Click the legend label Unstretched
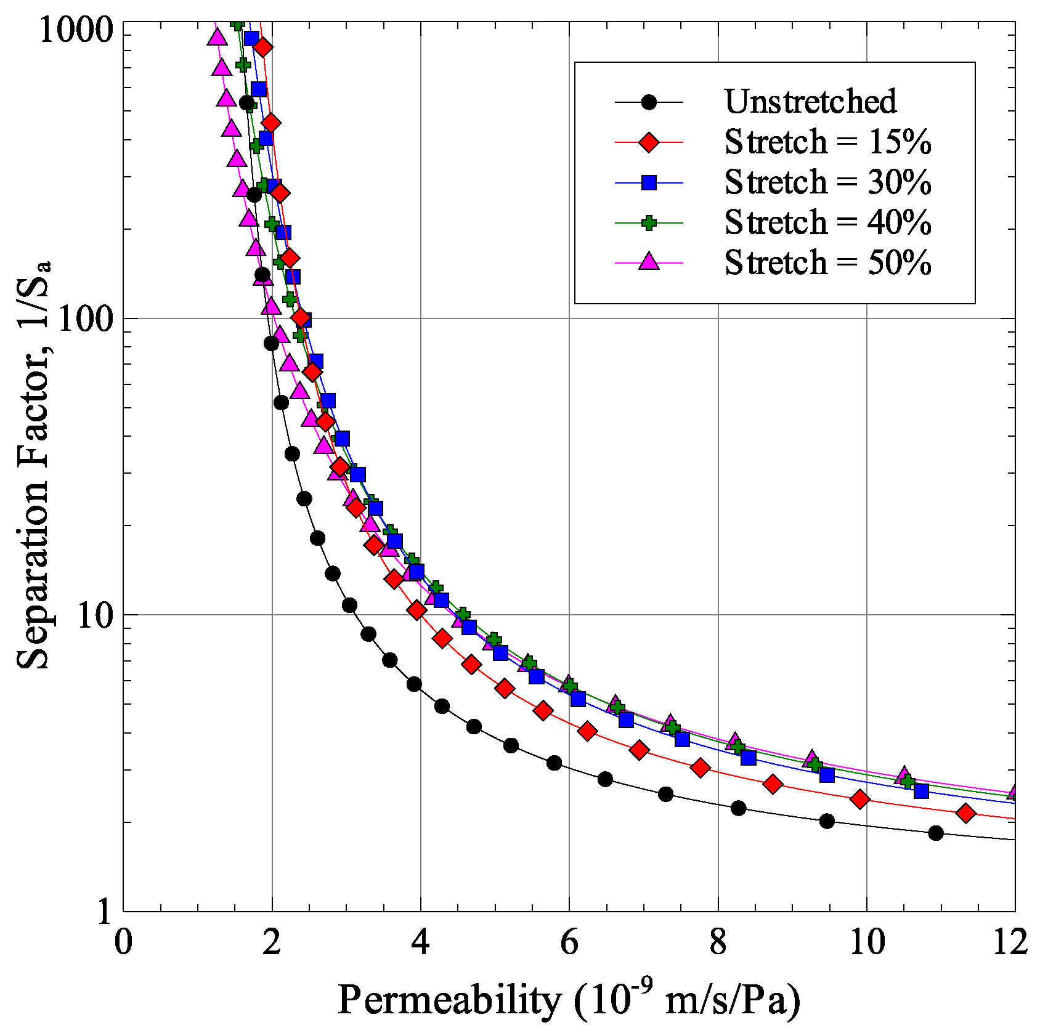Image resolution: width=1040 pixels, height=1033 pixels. (810, 102)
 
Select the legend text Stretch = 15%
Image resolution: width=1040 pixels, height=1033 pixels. (827, 142)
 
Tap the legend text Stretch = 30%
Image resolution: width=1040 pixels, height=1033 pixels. (827, 182)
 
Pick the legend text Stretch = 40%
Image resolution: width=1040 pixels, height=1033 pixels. (827, 222)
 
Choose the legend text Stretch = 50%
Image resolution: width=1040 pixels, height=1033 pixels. (827, 263)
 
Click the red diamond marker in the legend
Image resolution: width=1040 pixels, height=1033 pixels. (649, 142)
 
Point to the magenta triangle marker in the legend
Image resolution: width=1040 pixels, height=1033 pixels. (649, 262)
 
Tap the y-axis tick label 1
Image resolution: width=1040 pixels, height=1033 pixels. (105, 912)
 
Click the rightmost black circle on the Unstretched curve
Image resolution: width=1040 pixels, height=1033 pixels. (936, 833)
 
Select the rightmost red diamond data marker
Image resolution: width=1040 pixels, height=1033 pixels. (966, 814)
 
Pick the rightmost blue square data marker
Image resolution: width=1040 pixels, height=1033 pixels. (921, 790)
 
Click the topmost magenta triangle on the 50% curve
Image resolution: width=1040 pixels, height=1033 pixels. (216, 37)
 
